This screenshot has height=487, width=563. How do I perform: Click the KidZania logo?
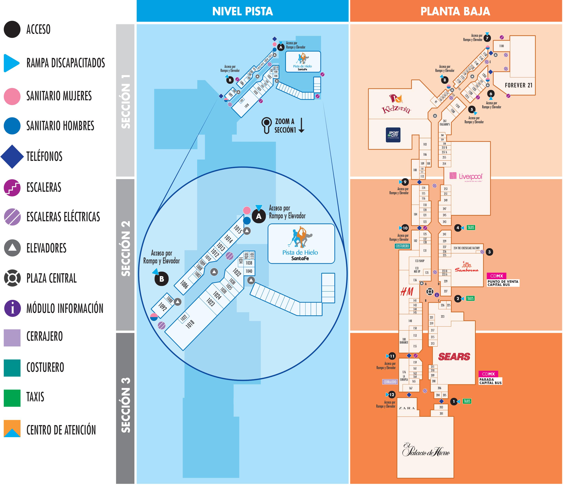coord(396,104)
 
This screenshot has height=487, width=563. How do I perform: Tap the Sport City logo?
coord(393,135)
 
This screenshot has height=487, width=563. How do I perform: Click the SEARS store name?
coord(454,357)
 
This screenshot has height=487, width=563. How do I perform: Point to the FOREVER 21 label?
coord(519,85)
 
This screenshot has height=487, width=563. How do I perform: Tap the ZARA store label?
coord(407,408)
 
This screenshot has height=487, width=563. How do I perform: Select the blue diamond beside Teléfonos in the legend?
coord(12,156)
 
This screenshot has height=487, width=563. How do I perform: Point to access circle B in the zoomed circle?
coord(161,279)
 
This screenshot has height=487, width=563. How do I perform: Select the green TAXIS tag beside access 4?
coord(471,228)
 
